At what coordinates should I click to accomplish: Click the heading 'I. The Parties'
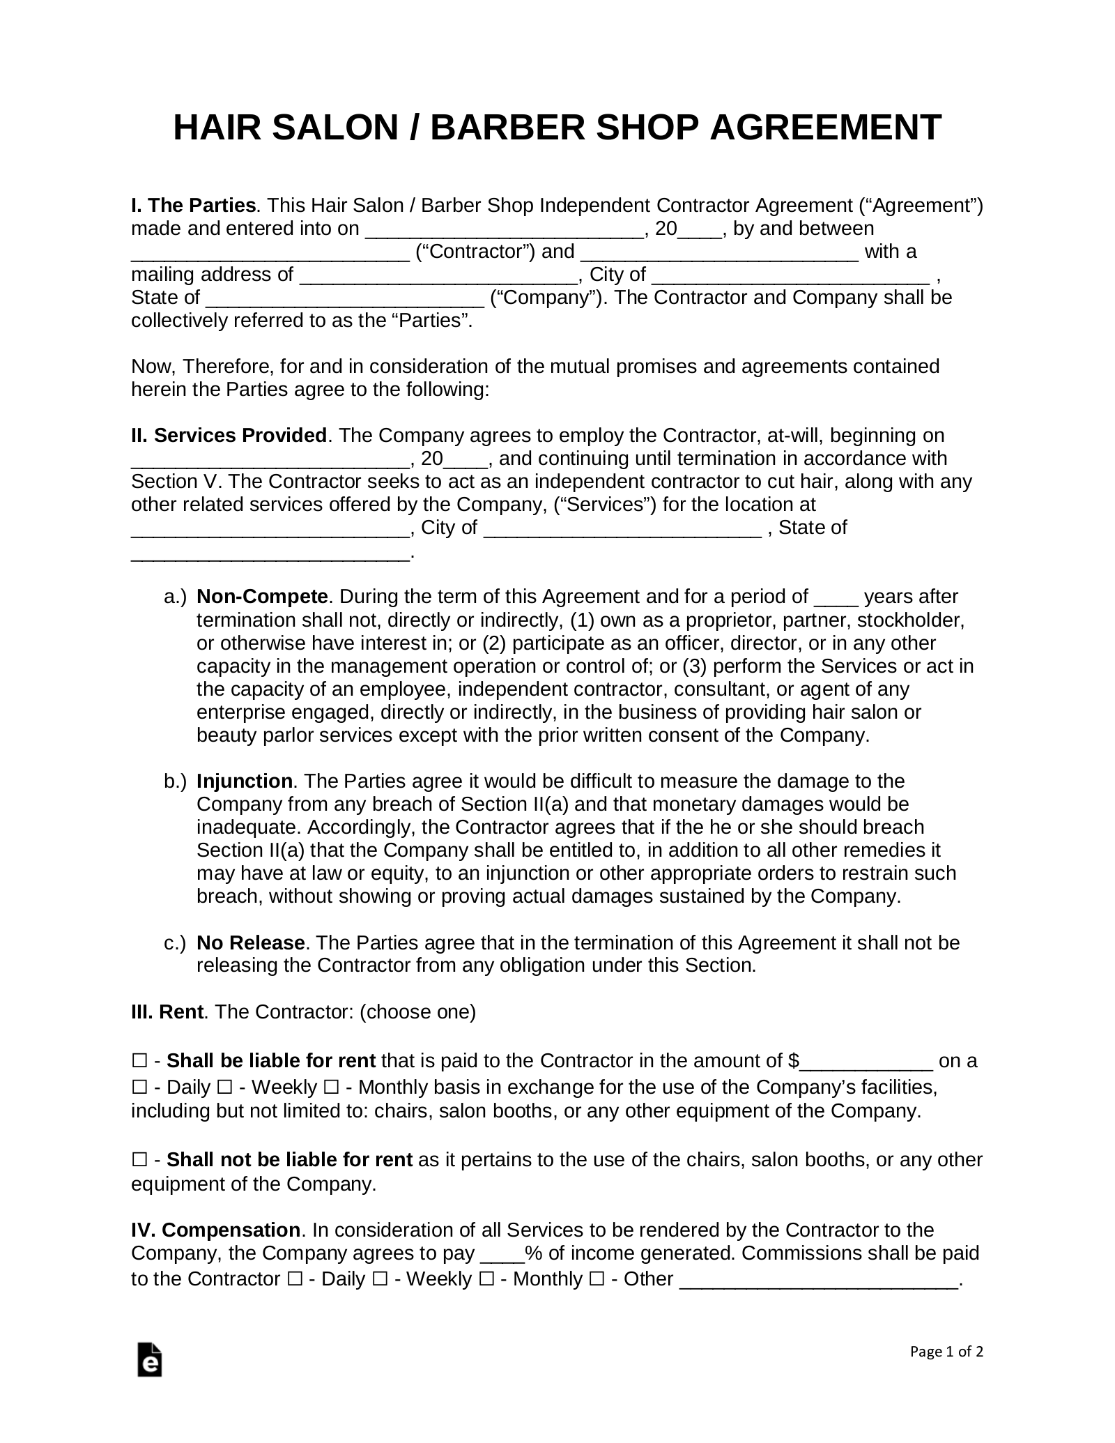(x=193, y=206)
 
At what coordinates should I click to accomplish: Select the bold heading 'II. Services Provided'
(x=229, y=436)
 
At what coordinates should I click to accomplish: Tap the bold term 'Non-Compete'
(x=262, y=597)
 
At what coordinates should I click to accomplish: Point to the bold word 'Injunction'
(x=244, y=781)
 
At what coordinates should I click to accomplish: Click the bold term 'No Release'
(x=250, y=942)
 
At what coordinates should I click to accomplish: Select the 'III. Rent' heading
(x=167, y=1011)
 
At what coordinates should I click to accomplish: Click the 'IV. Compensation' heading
(x=215, y=1230)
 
